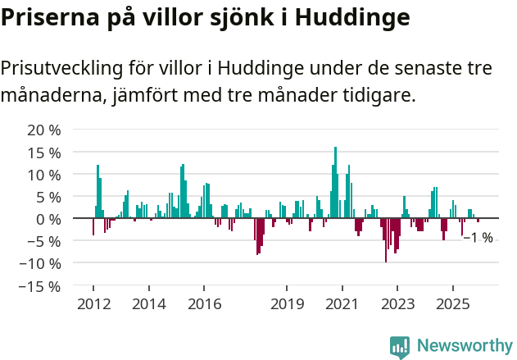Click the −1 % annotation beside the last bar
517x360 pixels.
point(478,238)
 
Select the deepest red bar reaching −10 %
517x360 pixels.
point(386,240)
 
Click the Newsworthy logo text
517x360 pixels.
point(464,345)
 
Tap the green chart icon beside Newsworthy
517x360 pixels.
point(400,346)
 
